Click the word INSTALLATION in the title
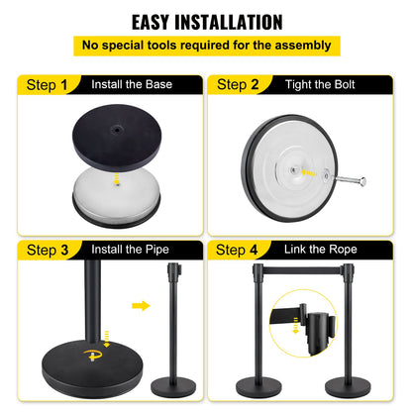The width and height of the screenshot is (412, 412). pyautogui.click(x=237, y=21)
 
